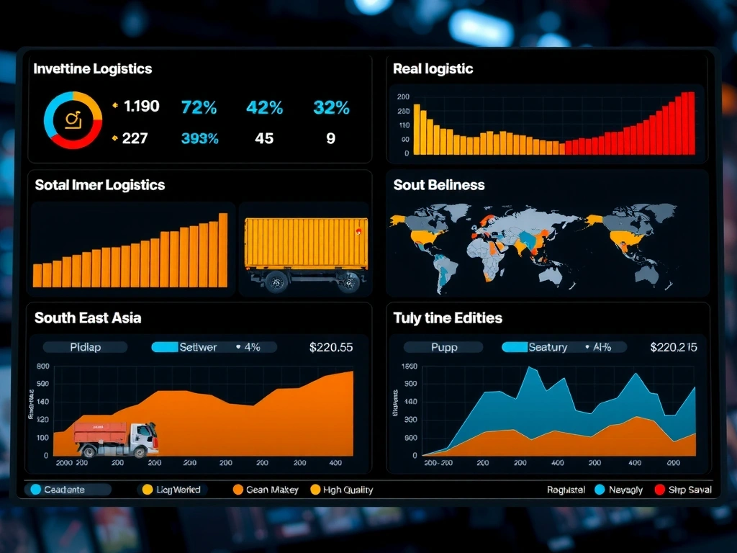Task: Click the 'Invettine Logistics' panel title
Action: pyautogui.click(x=93, y=69)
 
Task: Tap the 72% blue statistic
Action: pyautogui.click(x=199, y=108)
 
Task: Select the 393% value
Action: pyautogui.click(x=200, y=138)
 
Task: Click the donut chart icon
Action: pyautogui.click(x=73, y=120)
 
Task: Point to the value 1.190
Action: pyautogui.click(x=141, y=107)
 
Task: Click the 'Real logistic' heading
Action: pyautogui.click(x=433, y=69)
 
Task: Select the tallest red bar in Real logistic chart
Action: pyautogui.click(x=691, y=122)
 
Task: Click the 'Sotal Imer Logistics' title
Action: pyautogui.click(x=99, y=185)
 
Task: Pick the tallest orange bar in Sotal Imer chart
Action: pyautogui.click(x=223, y=249)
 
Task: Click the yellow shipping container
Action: pyautogui.click(x=306, y=243)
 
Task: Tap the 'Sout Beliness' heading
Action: pyautogui.click(x=438, y=185)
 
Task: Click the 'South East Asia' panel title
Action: pyautogui.click(x=88, y=318)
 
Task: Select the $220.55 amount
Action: pyautogui.click(x=331, y=347)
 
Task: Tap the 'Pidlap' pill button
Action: pyautogui.click(x=86, y=347)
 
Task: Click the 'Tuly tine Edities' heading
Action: pyautogui.click(x=448, y=318)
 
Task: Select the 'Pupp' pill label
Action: pyautogui.click(x=444, y=347)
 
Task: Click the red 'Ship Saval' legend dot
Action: pyautogui.click(x=659, y=490)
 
